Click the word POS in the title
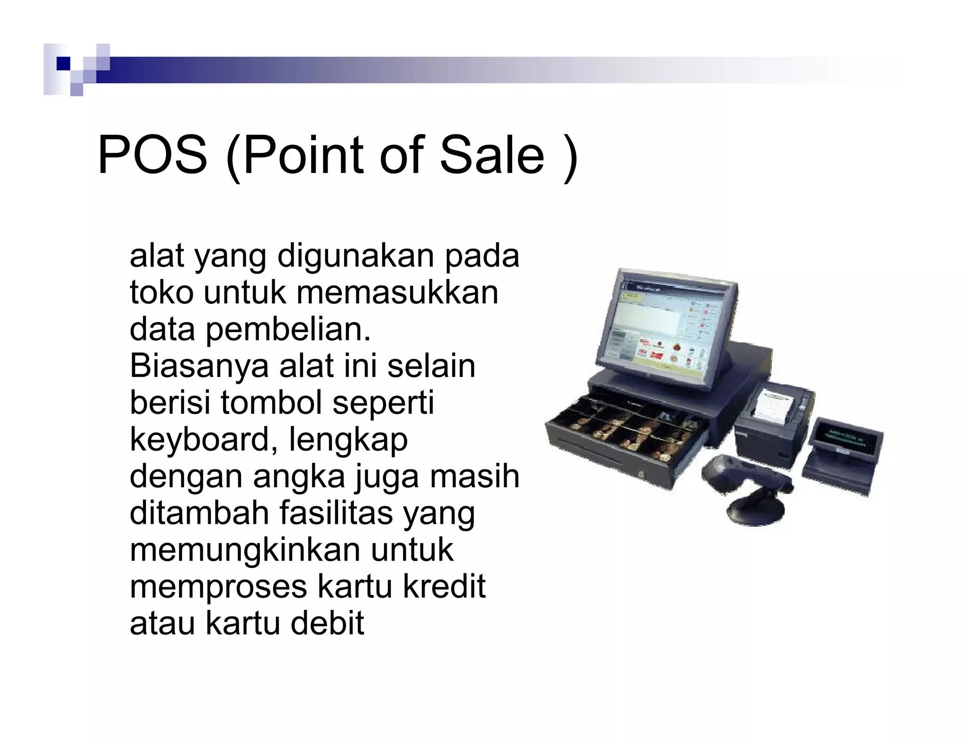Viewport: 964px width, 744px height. (x=152, y=155)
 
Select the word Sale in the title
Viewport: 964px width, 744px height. (x=492, y=155)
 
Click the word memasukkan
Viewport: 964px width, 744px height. (x=397, y=292)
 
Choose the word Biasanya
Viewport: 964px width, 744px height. (x=198, y=365)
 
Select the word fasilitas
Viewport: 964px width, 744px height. (x=336, y=513)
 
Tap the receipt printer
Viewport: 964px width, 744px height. (x=772, y=419)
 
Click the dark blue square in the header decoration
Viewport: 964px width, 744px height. (x=63, y=63)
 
